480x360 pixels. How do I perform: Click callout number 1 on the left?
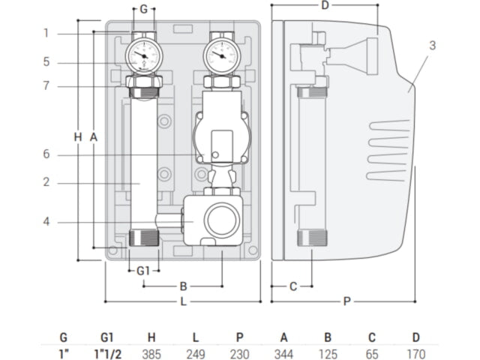[x=46, y=33]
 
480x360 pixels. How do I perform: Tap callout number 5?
[x=46, y=61]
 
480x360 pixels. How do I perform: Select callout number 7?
[x=46, y=85]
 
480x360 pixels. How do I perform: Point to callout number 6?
[x=46, y=154]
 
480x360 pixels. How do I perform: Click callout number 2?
[x=46, y=182]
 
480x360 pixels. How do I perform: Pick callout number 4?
[x=46, y=222]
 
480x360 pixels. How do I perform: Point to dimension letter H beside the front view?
[x=78, y=136]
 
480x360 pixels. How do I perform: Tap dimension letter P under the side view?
[x=346, y=301]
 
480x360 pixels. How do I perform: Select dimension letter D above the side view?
[x=324, y=6]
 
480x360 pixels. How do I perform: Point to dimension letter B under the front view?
[x=182, y=286]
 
